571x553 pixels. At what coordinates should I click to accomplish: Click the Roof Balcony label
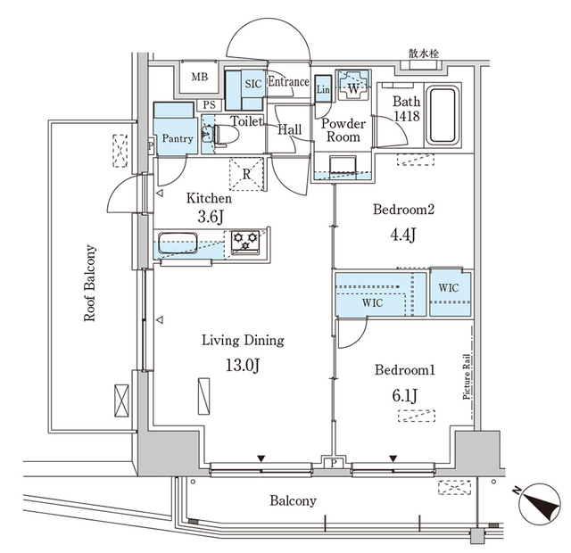(90, 284)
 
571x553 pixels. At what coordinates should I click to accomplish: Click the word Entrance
(288, 82)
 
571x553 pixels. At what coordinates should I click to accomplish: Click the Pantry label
(177, 138)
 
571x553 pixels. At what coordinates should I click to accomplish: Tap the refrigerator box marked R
(246, 173)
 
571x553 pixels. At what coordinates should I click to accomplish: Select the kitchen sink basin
(181, 243)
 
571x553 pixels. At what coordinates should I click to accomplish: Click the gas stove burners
(245, 241)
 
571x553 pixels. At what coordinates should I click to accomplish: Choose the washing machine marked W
(352, 88)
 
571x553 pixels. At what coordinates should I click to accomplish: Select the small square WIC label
(448, 288)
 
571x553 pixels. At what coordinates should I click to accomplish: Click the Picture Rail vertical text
(467, 383)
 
